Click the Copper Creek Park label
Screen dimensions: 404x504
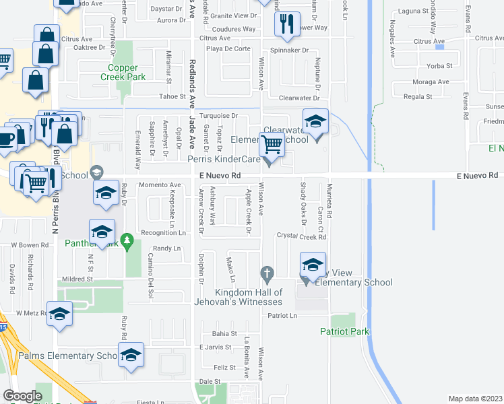click(x=127, y=73)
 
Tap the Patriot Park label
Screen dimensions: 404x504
click(x=344, y=331)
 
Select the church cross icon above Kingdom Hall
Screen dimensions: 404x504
click(x=267, y=275)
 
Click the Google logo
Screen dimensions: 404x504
click(x=22, y=396)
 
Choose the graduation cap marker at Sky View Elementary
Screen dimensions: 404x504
click(x=313, y=264)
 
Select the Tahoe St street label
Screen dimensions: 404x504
click(x=172, y=97)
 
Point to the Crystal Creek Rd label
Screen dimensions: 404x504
click(x=301, y=237)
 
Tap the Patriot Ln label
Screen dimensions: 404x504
click(x=283, y=315)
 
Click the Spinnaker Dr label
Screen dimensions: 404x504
click(x=289, y=50)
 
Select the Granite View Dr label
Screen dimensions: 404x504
click(x=234, y=15)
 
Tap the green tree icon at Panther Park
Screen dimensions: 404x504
click(x=126, y=240)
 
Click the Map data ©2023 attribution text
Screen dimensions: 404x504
click(x=475, y=399)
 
